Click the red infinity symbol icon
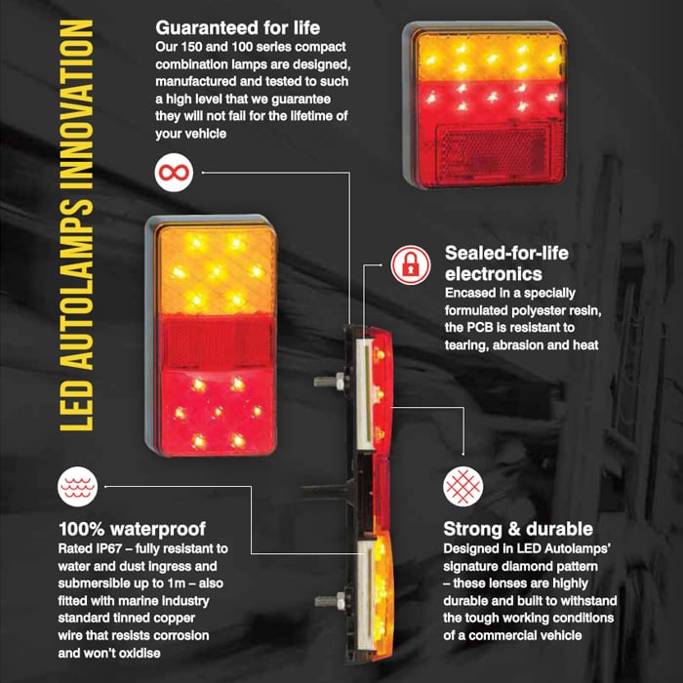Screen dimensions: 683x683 tap(174, 173)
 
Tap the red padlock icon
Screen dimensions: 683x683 tap(411, 264)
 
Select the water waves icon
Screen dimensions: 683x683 tap(77, 487)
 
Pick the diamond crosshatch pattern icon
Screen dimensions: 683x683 tap(463, 487)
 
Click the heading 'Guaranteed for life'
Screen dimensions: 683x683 tap(238, 28)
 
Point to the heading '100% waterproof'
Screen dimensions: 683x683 tap(132, 529)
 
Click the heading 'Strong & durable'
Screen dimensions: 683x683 tap(518, 529)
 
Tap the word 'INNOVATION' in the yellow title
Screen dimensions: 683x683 tap(77, 104)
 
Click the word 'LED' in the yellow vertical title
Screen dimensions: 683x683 tap(77, 406)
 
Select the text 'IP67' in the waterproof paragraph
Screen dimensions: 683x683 tap(108, 548)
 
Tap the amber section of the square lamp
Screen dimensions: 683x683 tap(491, 57)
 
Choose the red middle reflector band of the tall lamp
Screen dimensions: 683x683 tap(217, 341)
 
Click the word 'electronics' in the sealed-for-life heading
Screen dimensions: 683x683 tap(494, 274)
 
